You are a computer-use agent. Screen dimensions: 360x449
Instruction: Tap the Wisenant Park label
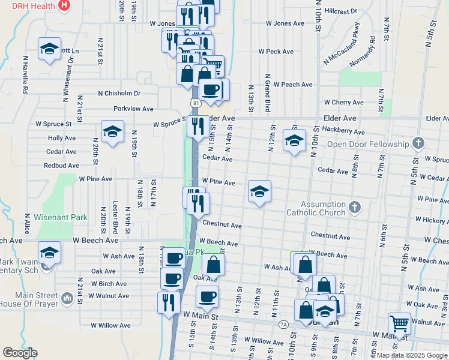61,218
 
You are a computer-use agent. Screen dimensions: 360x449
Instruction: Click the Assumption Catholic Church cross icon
355,208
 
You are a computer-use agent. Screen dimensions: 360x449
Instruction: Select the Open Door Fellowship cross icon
419,144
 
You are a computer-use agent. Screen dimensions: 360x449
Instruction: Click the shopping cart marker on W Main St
399,324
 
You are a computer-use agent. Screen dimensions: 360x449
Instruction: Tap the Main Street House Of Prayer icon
67,296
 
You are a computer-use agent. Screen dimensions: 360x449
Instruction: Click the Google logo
20,353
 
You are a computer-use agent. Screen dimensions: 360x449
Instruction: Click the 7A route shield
283,324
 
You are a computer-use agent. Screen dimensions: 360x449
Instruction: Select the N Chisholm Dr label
119,94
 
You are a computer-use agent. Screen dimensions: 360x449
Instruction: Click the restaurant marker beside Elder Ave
197,127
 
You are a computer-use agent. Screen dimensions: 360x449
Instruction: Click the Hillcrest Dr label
340,11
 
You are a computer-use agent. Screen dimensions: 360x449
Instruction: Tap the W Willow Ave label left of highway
110,325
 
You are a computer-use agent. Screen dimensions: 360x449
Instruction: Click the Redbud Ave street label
61,165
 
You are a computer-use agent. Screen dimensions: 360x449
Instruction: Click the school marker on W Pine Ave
259,191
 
